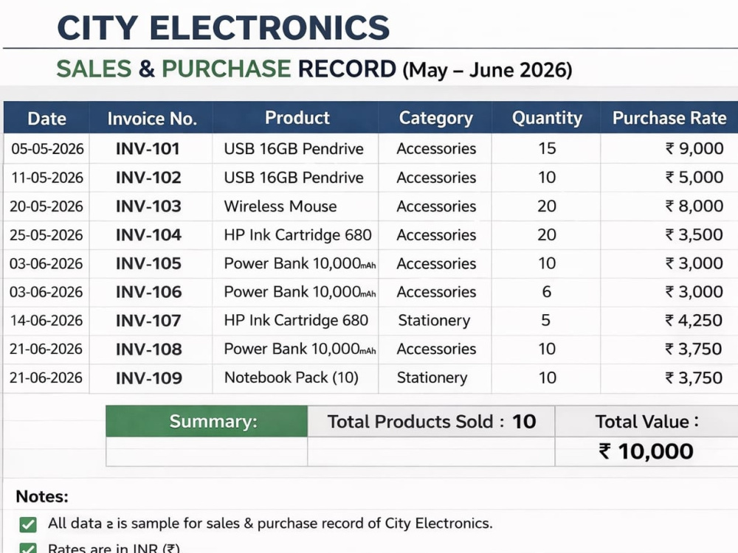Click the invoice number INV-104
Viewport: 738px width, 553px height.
coord(148,234)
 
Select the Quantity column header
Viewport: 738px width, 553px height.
coord(547,117)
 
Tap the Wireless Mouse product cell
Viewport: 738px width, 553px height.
coord(280,206)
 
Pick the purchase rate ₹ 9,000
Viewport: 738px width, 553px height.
coord(694,148)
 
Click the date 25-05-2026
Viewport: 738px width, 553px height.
coord(46,234)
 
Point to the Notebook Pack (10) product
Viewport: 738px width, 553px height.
coord(292,378)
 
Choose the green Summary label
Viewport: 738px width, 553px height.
coord(213,421)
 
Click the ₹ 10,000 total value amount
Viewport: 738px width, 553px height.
coord(646,451)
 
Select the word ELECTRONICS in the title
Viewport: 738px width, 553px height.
coord(269,28)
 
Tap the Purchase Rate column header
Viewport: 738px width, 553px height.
coord(669,117)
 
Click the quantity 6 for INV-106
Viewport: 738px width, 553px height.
coord(546,291)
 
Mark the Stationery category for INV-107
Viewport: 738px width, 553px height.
coord(434,321)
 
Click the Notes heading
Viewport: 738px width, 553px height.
coord(42,496)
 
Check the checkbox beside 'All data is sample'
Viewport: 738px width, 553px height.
coord(28,524)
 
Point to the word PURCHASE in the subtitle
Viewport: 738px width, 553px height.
coord(226,69)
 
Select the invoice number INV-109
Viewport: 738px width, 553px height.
coord(149,378)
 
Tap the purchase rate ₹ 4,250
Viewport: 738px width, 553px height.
coord(694,320)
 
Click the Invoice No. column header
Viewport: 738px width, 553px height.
coord(152,119)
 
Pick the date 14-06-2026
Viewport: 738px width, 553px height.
coord(46,320)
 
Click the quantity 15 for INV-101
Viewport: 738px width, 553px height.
coord(547,148)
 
